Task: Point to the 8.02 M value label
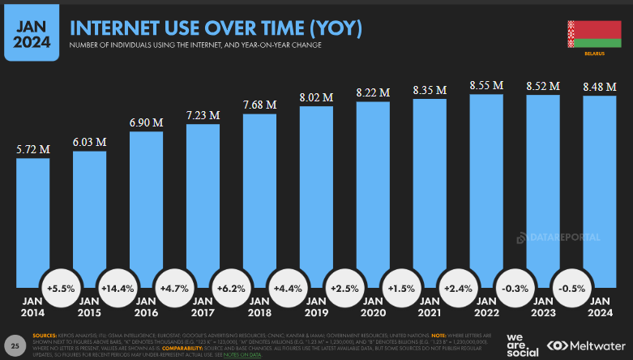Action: pos(316,96)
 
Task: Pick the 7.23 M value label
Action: pos(203,115)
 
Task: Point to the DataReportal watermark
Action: pos(558,238)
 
